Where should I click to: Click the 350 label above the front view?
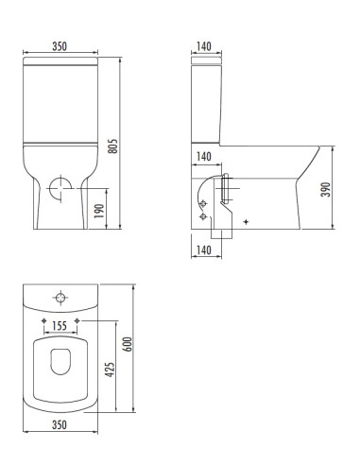tap(59, 43)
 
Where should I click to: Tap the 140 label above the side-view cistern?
tap(202, 43)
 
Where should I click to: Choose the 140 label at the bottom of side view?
tap(202, 250)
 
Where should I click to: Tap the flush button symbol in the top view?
tap(59, 299)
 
